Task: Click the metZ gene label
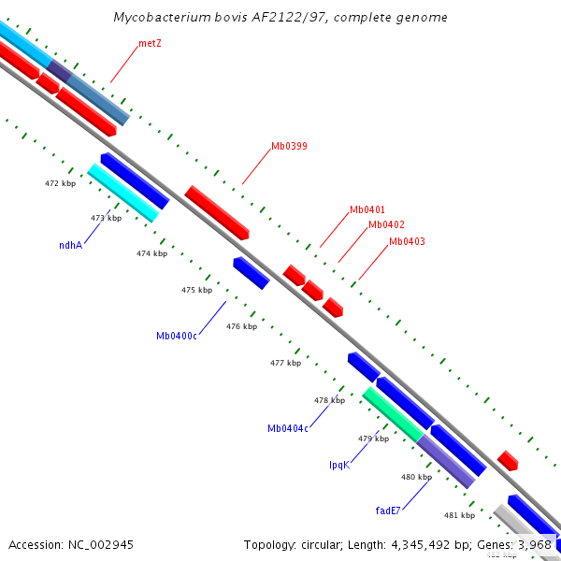[150, 43]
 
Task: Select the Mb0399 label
[289, 146]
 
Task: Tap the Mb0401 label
[367, 209]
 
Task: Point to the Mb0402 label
[386, 224]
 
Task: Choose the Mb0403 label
[407, 241]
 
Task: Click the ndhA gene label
[70, 245]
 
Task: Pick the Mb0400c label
[177, 336]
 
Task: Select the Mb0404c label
[288, 428]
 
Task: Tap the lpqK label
[338, 465]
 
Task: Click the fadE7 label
[388, 511]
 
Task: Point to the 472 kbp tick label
[60, 184]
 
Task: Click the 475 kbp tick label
[196, 290]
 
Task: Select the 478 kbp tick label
[329, 400]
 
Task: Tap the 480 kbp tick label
[416, 477]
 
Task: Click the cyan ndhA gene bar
[123, 193]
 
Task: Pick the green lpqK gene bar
[393, 413]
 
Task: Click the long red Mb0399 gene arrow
[216, 210]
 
